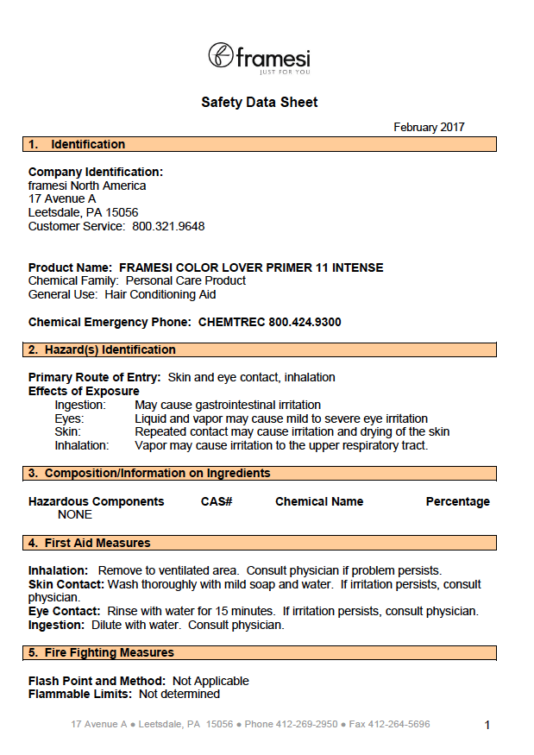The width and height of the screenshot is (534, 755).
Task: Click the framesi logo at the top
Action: [259, 57]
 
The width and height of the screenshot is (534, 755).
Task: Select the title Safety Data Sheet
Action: [260, 103]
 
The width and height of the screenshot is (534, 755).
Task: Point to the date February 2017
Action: [429, 128]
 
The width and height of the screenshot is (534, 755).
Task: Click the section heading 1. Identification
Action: [77, 145]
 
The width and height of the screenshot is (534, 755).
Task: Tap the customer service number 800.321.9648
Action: [168, 227]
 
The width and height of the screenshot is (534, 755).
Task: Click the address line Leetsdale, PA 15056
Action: [83, 213]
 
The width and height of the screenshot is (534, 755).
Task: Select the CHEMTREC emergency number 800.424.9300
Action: [305, 323]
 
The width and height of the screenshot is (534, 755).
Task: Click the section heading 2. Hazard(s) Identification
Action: [102, 350]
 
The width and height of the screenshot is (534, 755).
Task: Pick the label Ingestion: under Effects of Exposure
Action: [80, 406]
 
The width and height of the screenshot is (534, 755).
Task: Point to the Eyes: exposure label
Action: [69, 418]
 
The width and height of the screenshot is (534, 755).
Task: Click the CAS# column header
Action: [217, 502]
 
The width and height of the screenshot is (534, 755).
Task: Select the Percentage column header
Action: [457, 502]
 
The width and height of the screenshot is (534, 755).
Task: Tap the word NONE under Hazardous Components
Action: [75, 515]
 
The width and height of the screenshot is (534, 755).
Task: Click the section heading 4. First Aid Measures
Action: [89, 544]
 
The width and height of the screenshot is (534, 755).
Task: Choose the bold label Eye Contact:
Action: [64, 612]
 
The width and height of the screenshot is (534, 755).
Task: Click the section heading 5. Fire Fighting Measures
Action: [101, 653]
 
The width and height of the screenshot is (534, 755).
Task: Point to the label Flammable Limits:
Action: [80, 695]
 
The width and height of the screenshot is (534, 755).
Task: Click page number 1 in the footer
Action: [487, 726]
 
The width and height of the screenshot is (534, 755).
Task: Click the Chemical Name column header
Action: [319, 502]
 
